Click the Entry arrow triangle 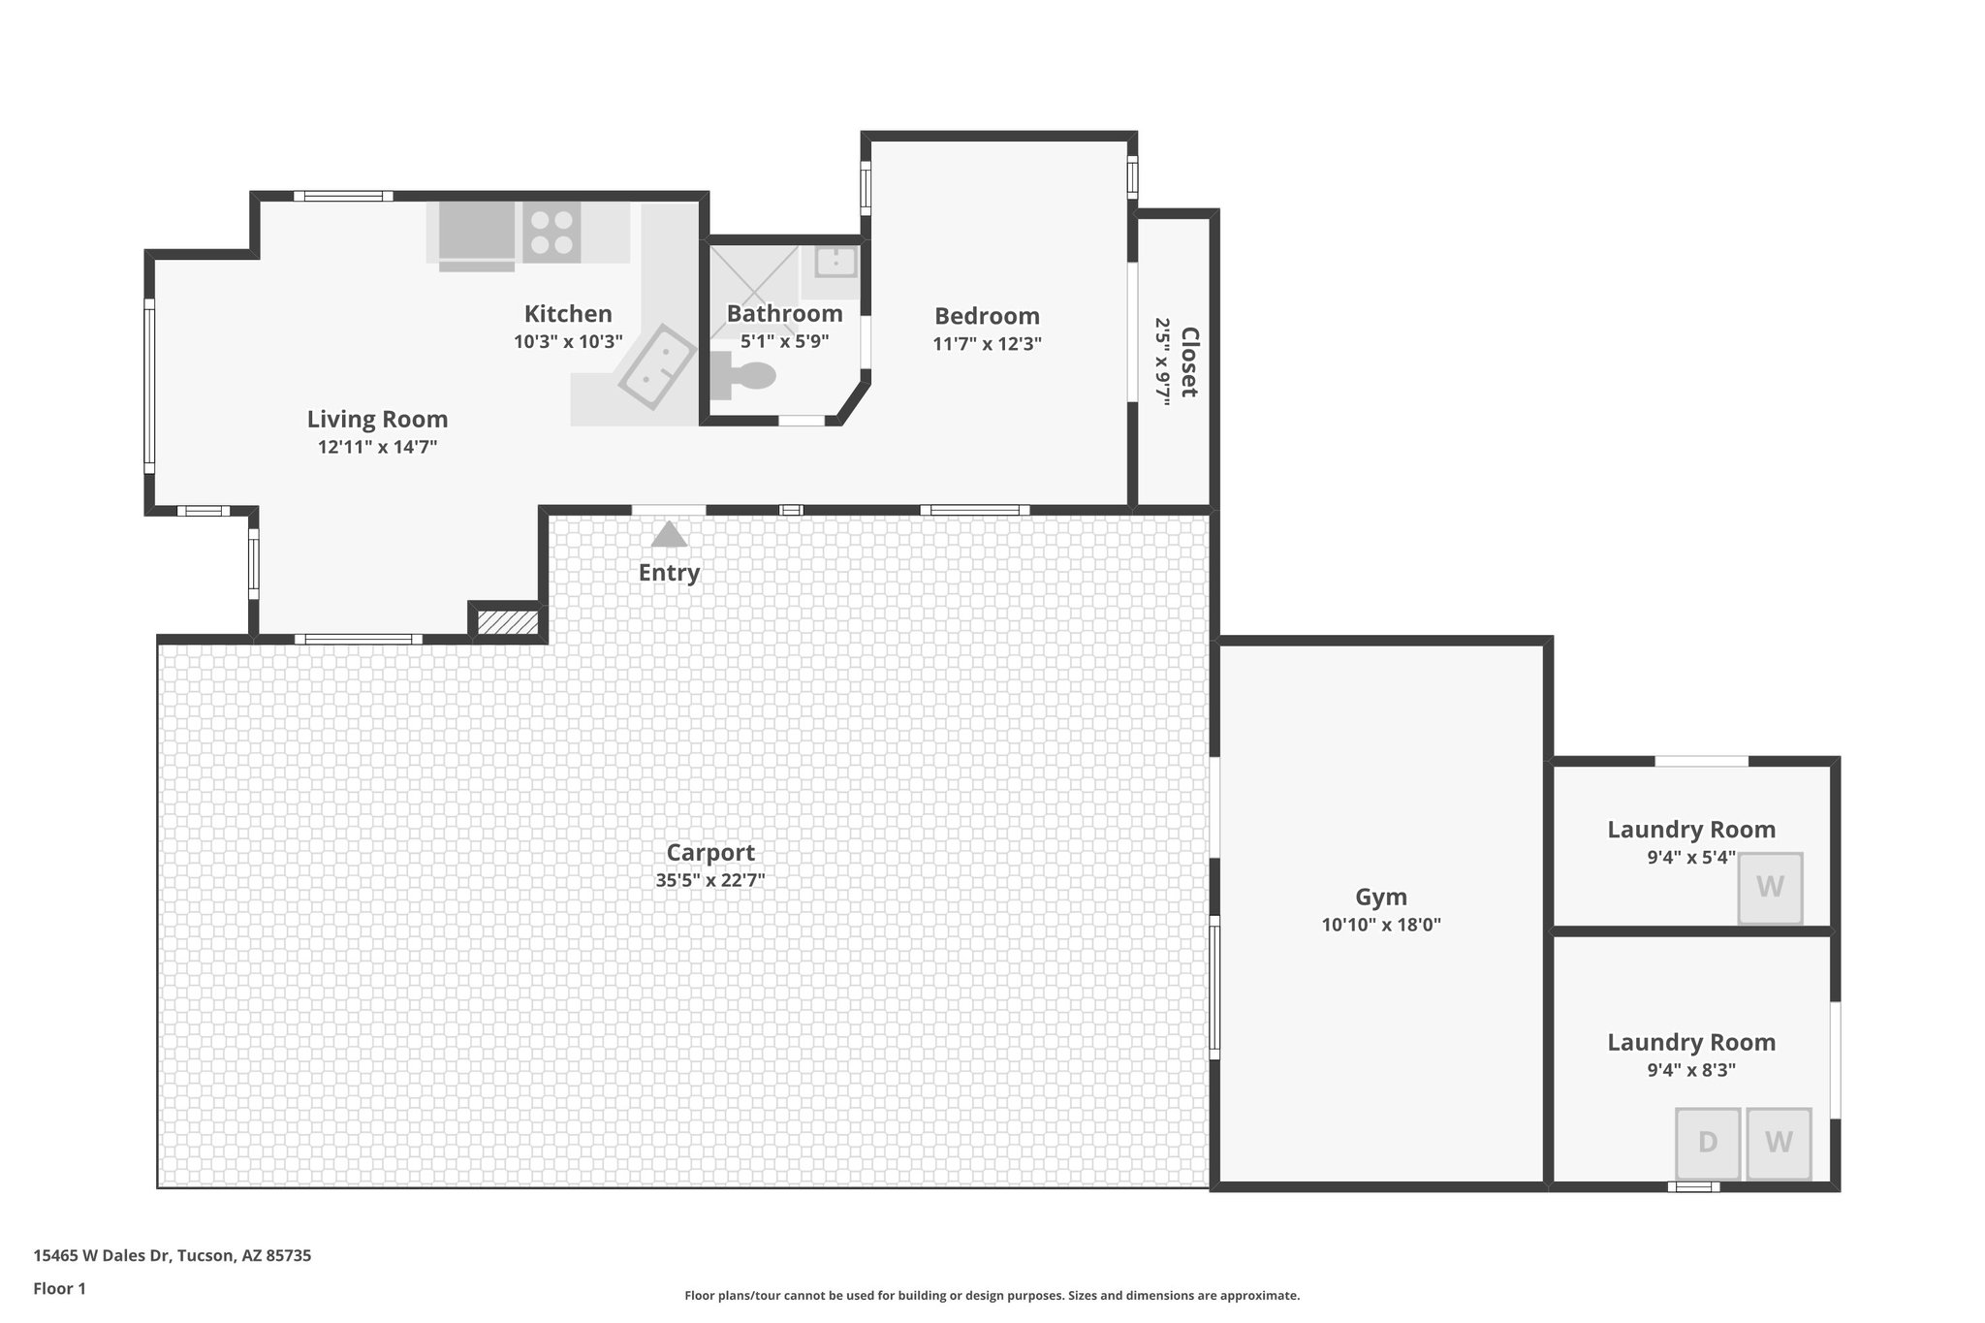tap(669, 535)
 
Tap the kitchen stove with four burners tap(551, 233)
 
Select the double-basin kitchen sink tap(657, 366)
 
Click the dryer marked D tap(1708, 1143)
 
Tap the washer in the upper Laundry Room tap(1770, 887)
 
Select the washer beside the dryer tap(1779, 1143)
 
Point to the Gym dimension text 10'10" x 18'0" tap(1381, 925)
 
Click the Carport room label tap(710, 853)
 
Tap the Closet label tap(1189, 362)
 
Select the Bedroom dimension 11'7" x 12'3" tap(987, 343)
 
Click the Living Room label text tap(377, 420)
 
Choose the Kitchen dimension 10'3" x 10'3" tap(568, 341)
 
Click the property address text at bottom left tap(173, 1256)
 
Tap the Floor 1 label tap(60, 1289)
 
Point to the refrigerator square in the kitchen tap(477, 233)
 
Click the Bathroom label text tap(784, 314)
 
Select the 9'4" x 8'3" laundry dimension tap(1691, 1070)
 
